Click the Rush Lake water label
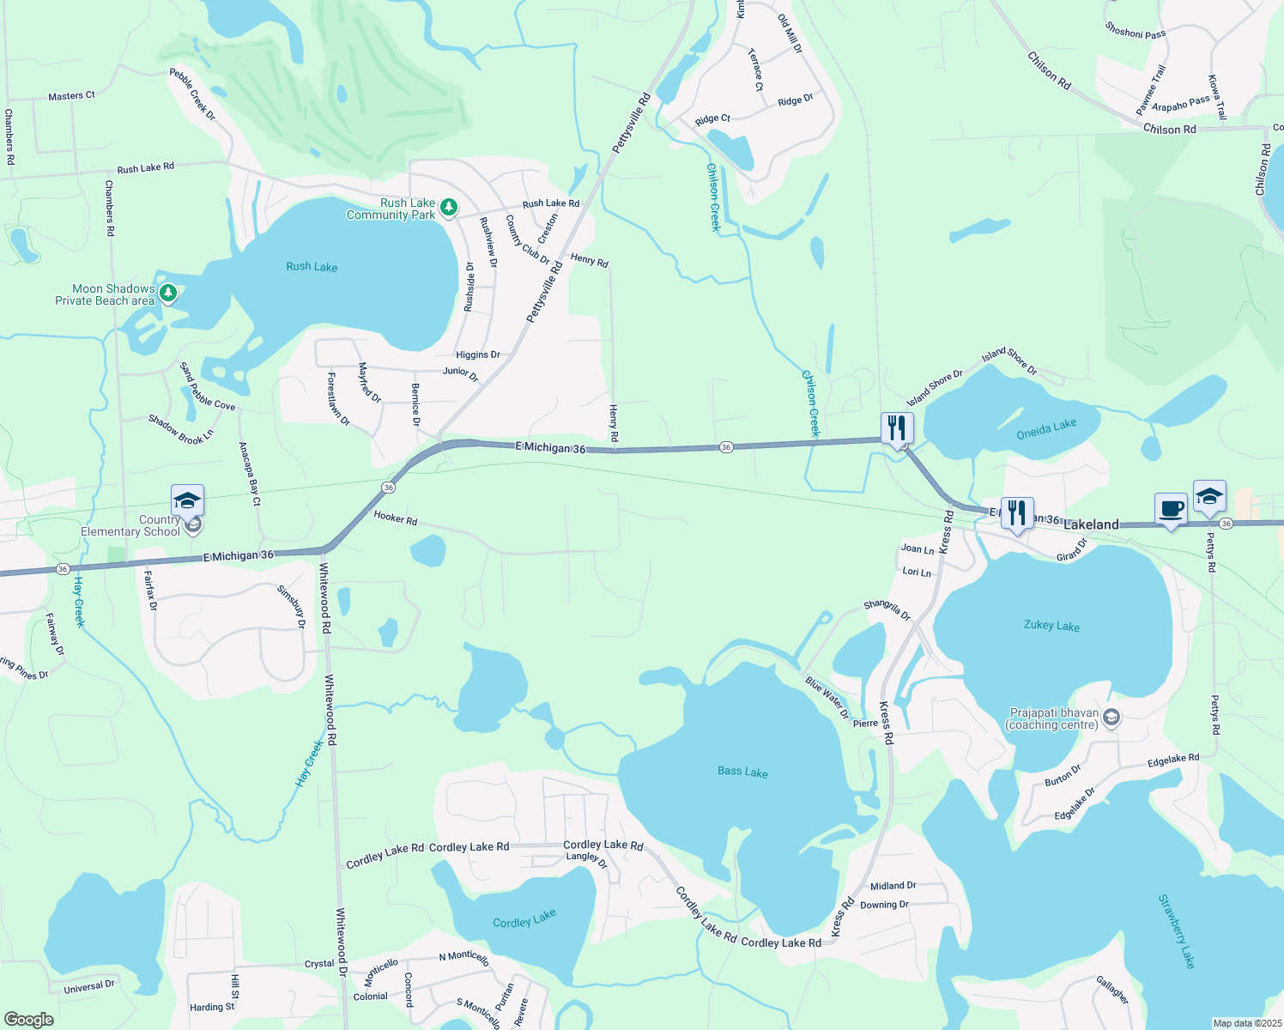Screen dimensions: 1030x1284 (x=312, y=267)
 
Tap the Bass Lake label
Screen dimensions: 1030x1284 (x=742, y=772)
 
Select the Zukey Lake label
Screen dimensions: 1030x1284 (x=1051, y=626)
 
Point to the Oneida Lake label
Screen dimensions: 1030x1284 (x=1046, y=429)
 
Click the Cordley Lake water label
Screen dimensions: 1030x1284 (x=524, y=919)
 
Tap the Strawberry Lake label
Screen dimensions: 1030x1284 (x=1177, y=931)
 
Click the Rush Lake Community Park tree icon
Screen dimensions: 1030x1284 (x=448, y=207)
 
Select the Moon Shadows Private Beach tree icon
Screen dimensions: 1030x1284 (x=168, y=294)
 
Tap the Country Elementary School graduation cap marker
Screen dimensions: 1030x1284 (x=187, y=500)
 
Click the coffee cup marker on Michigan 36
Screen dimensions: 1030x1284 (x=1171, y=508)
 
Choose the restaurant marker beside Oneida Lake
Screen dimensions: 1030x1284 (x=897, y=427)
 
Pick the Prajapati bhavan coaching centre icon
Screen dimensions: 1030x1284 (x=1111, y=718)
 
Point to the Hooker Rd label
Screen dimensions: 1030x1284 (x=396, y=519)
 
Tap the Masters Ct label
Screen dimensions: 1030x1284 (x=72, y=96)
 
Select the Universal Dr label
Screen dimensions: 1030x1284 (x=89, y=987)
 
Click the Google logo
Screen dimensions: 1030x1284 (x=28, y=1020)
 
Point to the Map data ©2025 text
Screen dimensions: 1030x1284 (x=1245, y=1023)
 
